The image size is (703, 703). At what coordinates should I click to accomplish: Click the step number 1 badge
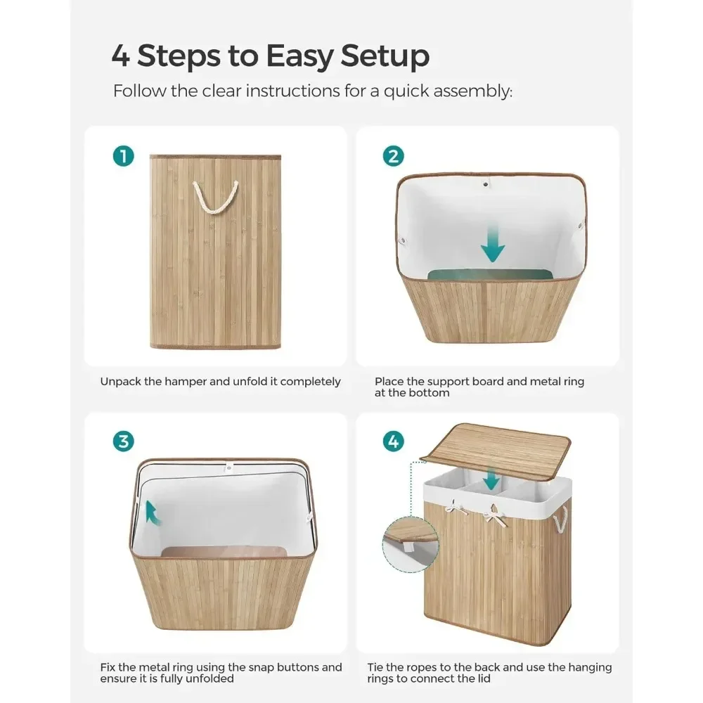pyautogui.click(x=124, y=156)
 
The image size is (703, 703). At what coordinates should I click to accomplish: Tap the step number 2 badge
pyautogui.click(x=393, y=156)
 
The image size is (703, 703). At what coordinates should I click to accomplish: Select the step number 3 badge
pyautogui.click(x=124, y=441)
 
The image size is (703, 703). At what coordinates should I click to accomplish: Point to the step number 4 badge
pyautogui.click(x=393, y=441)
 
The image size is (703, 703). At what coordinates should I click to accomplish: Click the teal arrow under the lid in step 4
pyautogui.click(x=491, y=479)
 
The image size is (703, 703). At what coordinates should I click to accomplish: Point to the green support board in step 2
pyautogui.click(x=490, y=275)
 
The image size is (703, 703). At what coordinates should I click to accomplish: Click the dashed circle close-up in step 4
pyautogui.click(x=410, y=544)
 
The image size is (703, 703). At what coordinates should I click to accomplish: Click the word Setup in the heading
pyautogui.click(x=385, y=56)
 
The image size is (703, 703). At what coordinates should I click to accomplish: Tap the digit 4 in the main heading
pyautogui.click(x=121, y=56)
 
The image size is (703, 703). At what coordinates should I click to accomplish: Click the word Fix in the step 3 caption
pyautogui.click(x=108, y=667)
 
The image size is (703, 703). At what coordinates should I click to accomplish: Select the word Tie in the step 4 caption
pyautogui.click(x=375, y=667)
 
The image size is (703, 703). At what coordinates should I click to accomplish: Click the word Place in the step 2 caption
pyautogui.click(x=389, y=382)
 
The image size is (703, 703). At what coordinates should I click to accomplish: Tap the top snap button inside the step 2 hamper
pyautogui.click(x=486, y=183)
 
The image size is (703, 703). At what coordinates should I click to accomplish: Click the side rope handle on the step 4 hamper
pyautogui.click(x=560, y=520)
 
